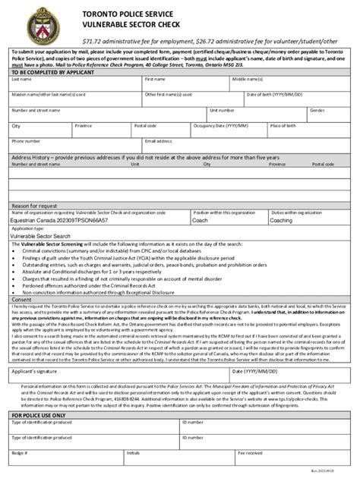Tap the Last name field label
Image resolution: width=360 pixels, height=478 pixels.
click(21, 78)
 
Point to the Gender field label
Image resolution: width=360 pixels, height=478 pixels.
click(317, 109)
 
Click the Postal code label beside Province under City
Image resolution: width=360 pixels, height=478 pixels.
click(145, 125)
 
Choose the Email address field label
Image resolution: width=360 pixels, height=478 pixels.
click(159, 140)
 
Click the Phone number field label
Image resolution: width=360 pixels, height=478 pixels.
click(26, 140)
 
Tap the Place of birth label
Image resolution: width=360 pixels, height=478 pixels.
click(283, 125)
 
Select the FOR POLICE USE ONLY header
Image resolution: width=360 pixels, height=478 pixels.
click(39, 416)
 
